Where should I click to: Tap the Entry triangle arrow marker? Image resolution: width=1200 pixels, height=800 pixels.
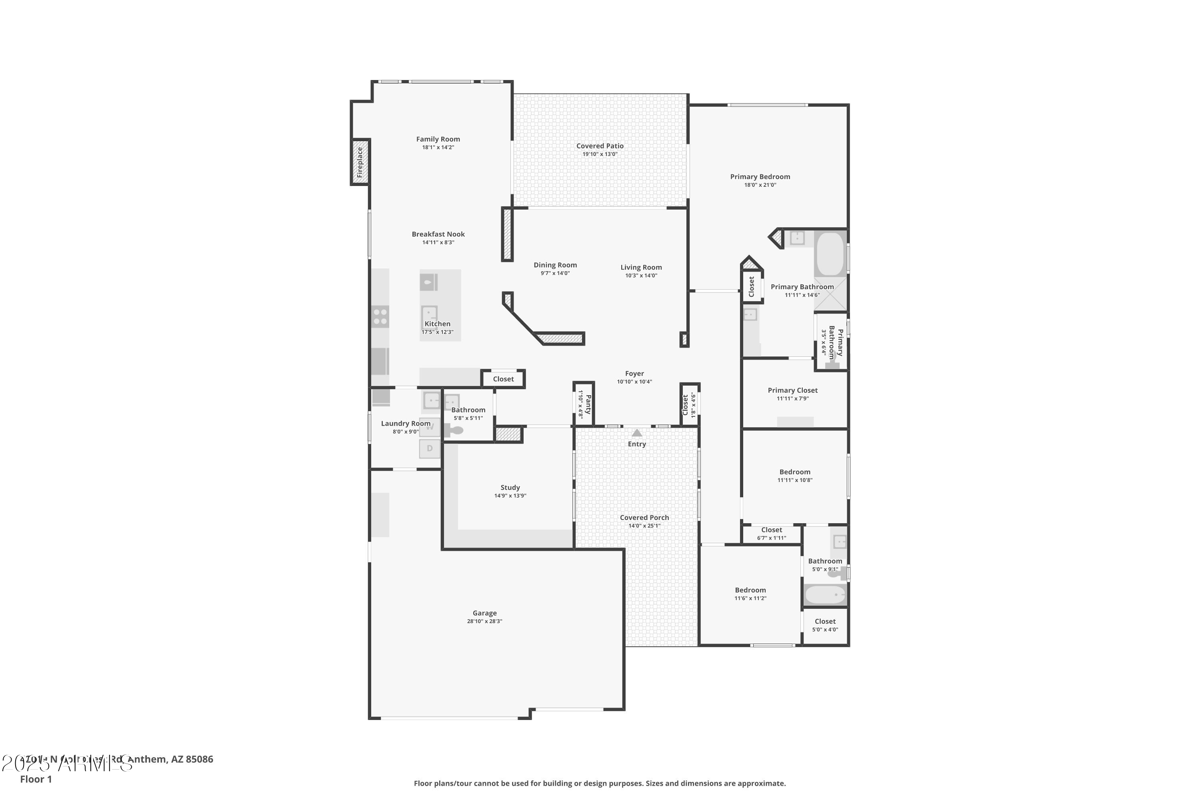(x=637, y=433)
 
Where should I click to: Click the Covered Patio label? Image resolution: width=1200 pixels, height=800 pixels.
(x=600, y=146)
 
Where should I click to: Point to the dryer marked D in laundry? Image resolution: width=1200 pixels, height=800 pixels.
(x=430, y=448)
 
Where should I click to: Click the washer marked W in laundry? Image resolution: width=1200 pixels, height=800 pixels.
(x=430, y=427)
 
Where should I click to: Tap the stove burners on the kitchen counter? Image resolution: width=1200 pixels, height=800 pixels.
(x=380, y=316)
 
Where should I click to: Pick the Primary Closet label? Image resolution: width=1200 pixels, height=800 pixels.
(x=792, y=390)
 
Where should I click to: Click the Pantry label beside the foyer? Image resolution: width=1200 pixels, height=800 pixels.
(x=588, y=404)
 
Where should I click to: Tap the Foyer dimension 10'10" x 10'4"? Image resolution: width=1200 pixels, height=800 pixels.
(x=634, y=382)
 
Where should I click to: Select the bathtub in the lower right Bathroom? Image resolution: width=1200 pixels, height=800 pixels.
(x=825, y=595)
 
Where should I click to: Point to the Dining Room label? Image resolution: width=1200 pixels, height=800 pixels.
(x=555, y=265)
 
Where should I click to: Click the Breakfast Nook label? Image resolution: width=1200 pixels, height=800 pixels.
(x=438, y=234)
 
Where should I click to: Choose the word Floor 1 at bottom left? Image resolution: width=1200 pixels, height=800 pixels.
(x=36, y=779)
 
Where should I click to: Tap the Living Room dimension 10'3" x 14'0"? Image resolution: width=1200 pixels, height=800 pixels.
(x=641, y=276)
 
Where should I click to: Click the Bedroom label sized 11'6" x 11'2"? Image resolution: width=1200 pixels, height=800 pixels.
(x=750, y=590)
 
